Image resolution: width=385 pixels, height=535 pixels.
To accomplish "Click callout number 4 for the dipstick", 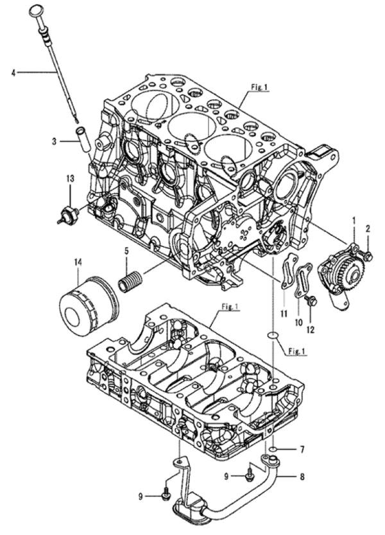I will click(12, 72).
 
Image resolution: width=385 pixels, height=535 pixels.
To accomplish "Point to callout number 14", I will click(78, 262).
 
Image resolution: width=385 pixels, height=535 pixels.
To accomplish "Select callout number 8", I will click(302, 477).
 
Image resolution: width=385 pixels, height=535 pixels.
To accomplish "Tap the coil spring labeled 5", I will click(132, 282).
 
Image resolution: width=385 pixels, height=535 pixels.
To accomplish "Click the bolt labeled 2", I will click(367, 256).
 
